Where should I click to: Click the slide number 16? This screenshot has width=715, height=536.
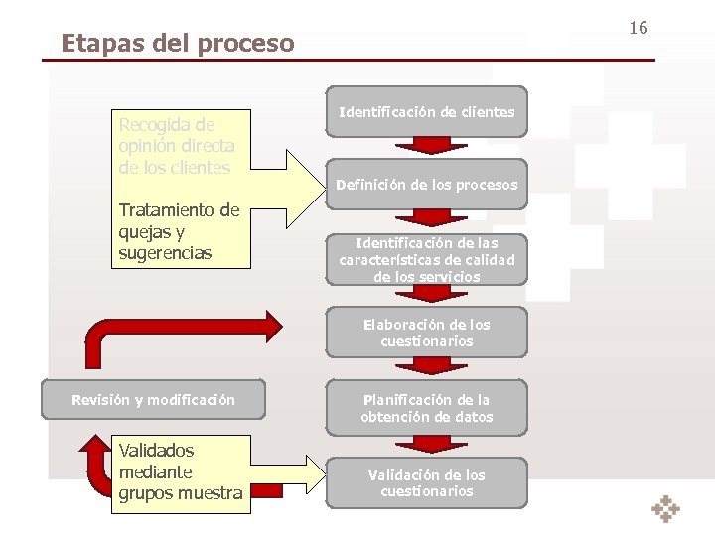pos(638,28)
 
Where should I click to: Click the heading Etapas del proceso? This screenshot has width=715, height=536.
pos(178,44)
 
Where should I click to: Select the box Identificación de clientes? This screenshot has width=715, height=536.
pos(426,113)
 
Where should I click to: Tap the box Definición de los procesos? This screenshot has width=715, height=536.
pos(426,184)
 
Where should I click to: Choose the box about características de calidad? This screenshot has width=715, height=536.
pos(426,259)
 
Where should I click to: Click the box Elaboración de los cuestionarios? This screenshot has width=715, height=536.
pos(426,333)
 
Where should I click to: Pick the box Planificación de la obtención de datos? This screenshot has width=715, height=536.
pos(426,408)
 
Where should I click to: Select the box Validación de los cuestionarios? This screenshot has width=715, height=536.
pos(426,482)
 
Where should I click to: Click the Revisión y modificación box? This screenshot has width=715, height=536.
pos(153,400)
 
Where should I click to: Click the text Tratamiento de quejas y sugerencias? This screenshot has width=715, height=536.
pos(179,231)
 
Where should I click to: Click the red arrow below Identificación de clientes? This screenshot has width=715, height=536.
pos(426,145)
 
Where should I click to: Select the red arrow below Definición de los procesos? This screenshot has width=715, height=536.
pos(426,218)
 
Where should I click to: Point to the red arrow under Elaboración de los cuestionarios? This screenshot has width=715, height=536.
pos(426,365)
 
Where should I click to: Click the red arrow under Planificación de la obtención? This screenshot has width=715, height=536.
pos(426,443)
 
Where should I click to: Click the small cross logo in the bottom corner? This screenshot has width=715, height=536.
pos(665,508)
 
